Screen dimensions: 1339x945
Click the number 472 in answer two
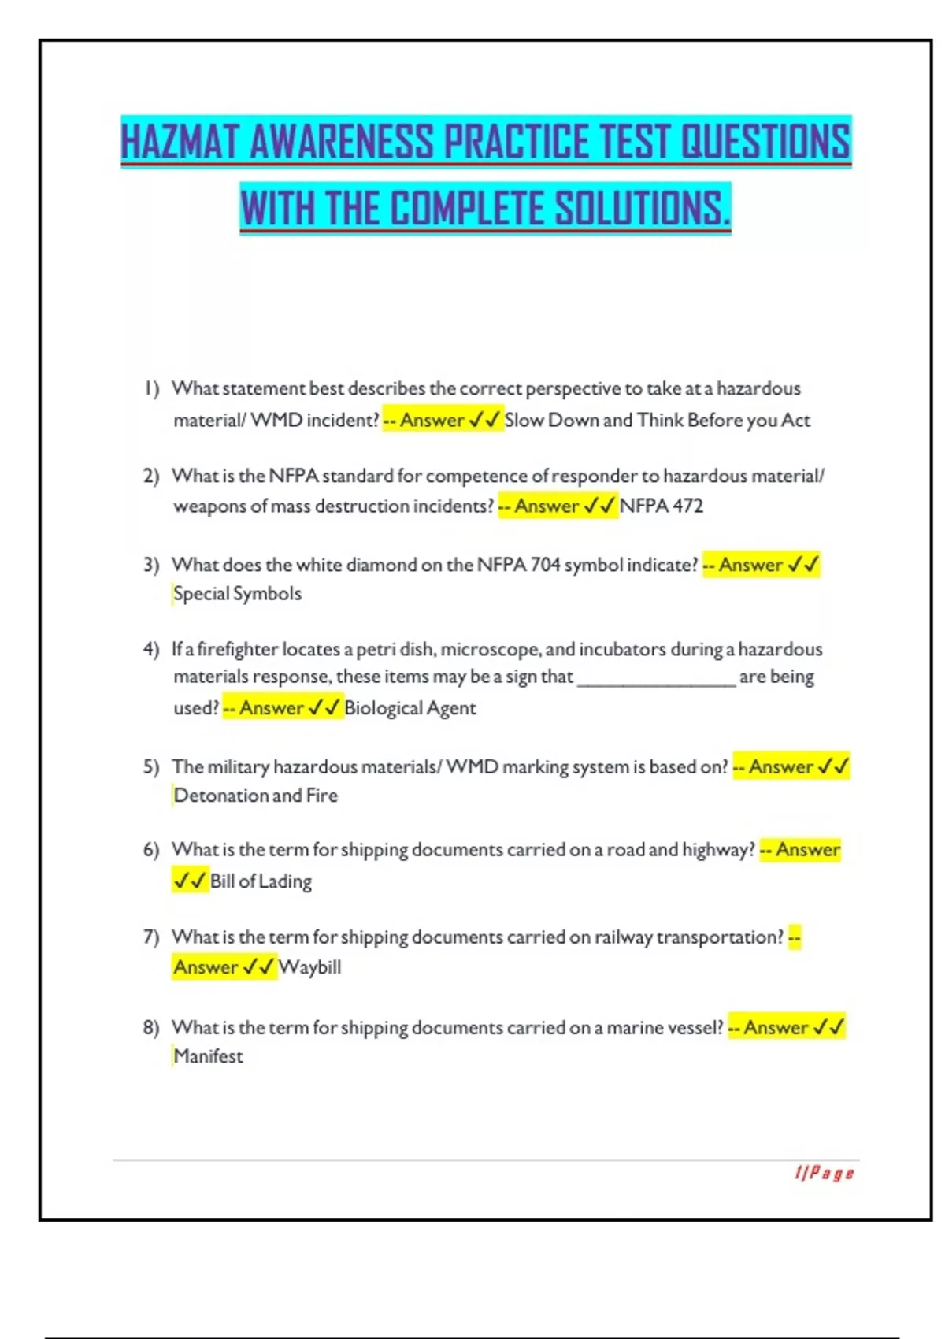pyautogui.click(x=687, y=506)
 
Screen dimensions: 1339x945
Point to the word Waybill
pyautogui.click(x=309, y=967)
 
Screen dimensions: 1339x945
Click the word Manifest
pyautogui.click(x=208, y=1056)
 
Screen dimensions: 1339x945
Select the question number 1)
pyautogui.click(x=151, y=388)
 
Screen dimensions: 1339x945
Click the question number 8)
pyautogui.click(x=151, y=1027)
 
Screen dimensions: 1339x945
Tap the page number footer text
pyautogui.click(x=824, y=1174)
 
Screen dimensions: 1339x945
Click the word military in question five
pyautogui.click(x=238, y=766)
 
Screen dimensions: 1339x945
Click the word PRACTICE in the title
pyautogui.click(x=515, y=142)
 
